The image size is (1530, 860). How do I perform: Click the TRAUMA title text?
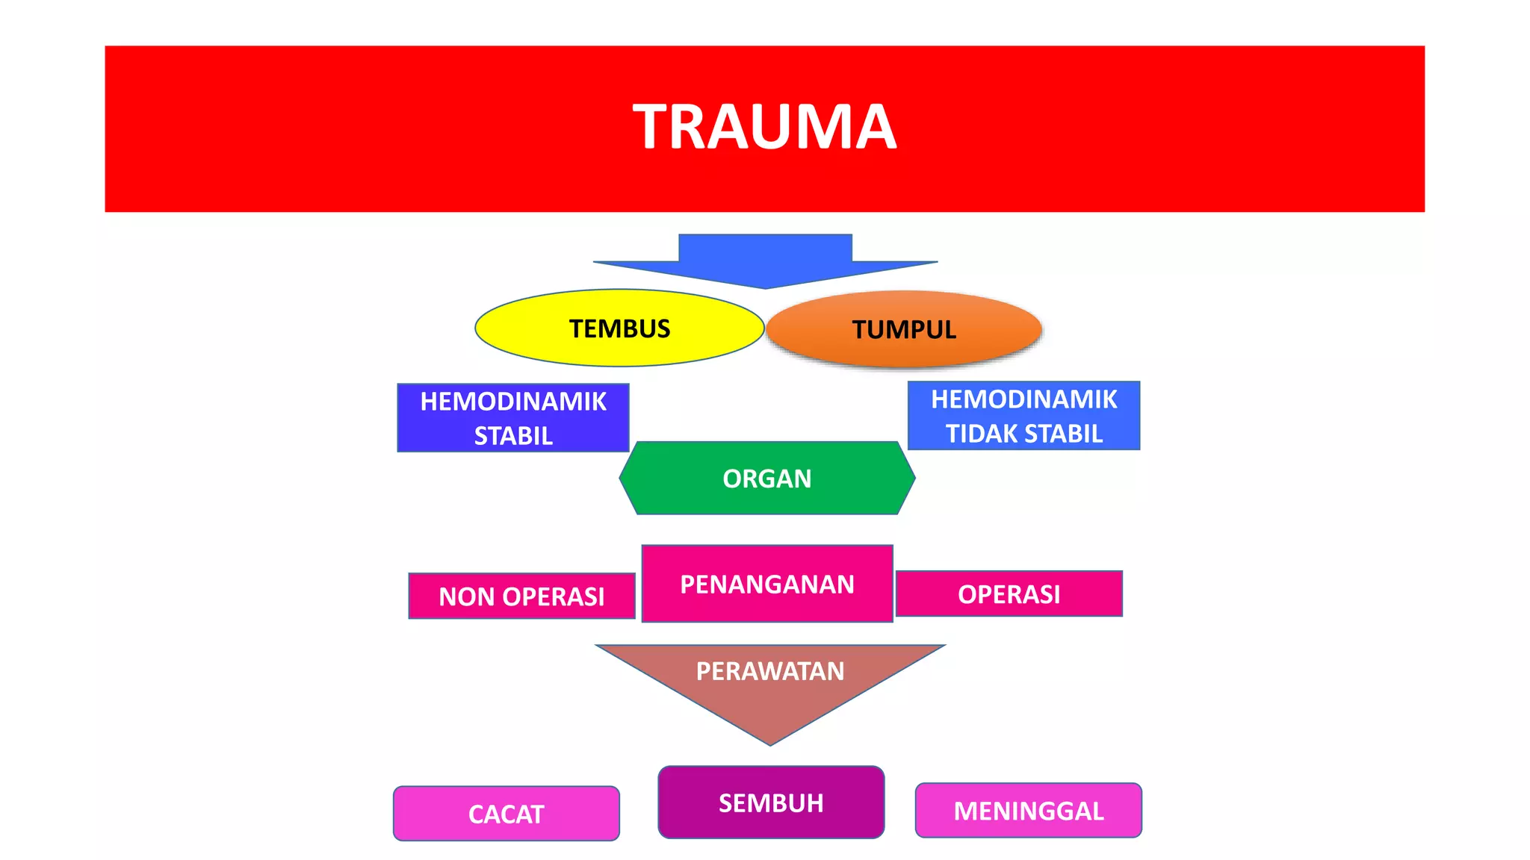coord(764,128)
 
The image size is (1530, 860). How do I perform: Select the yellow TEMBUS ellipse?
coord(619,328)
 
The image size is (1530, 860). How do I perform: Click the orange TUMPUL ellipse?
coord(904,329)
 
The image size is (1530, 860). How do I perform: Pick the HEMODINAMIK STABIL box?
coord(513,418)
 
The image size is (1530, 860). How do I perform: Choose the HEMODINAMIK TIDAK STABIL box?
coord(1023,416)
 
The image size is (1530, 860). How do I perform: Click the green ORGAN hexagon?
coord(767,479)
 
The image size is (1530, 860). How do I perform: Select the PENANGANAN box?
coord(767,584)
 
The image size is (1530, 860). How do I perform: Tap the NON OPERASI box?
coord(521,596)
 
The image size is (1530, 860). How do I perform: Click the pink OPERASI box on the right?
coord(1009,594)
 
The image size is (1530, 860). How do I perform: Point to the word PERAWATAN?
coord(770,671)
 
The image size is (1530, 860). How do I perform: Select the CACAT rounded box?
coord(507,814)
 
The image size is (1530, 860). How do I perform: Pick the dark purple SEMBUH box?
coord(771,803)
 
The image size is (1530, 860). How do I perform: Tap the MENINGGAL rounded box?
coord(1028,811)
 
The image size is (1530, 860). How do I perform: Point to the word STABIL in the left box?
coord(513,436)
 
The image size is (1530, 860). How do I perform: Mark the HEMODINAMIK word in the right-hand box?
coord(1023,399)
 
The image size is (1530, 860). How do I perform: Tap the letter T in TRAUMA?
coord(653,128)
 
